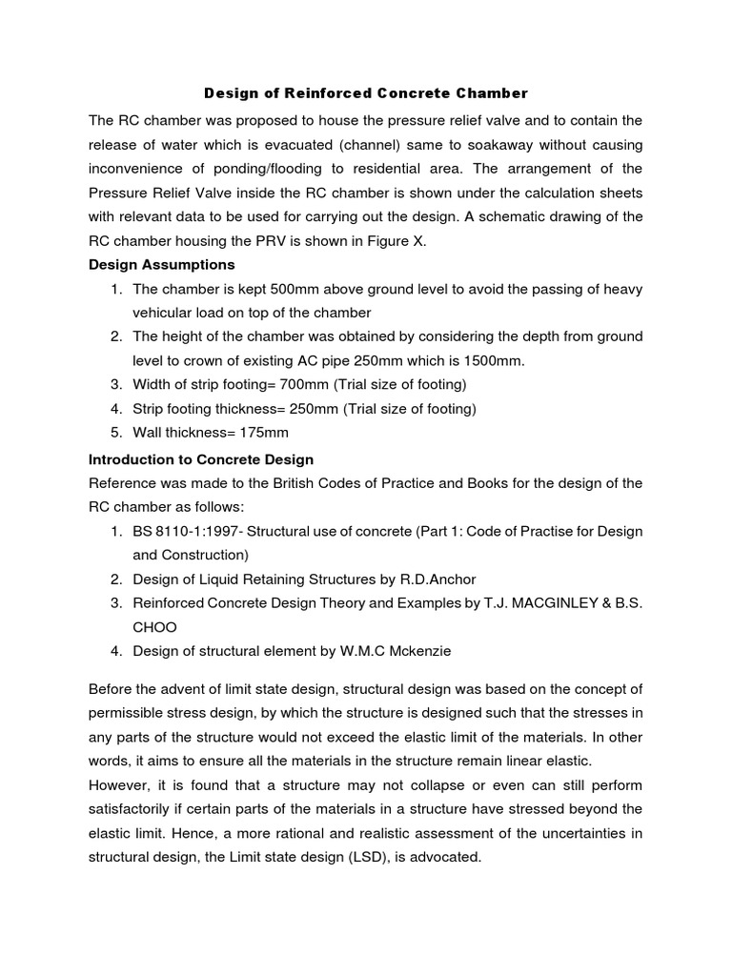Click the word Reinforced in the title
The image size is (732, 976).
click(x=305, y=93)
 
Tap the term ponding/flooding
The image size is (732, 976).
click(x=249, y=170)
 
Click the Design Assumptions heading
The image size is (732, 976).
click(x=161, y=264)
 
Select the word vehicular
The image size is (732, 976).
click(x=163, y=313)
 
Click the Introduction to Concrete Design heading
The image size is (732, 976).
click(x=201, y=459)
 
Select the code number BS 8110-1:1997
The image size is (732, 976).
click(x=187, y=531)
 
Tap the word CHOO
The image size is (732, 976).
click(x=154, y=627)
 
